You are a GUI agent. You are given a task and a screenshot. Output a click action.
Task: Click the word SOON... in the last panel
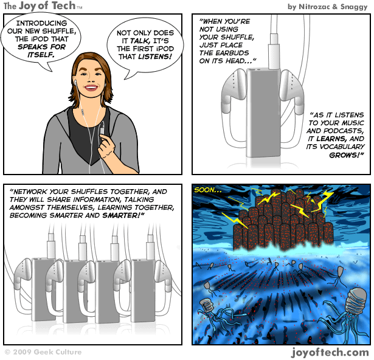click(207, 190)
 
